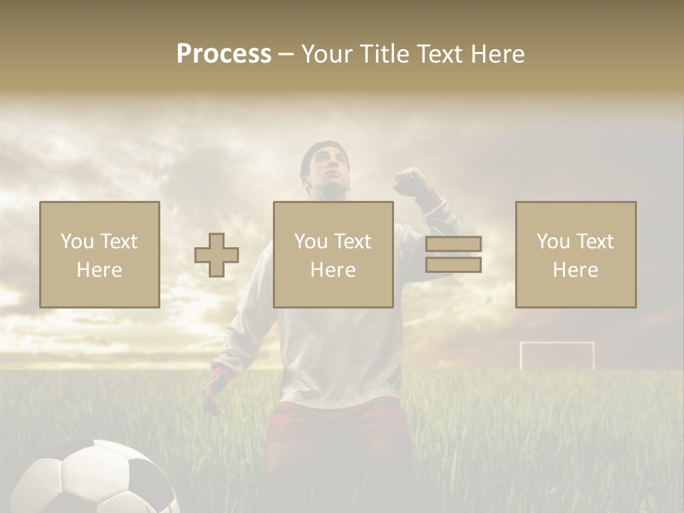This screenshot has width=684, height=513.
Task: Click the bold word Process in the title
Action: click(x=224, y=54)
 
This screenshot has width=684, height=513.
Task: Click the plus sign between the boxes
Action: click(x=217, y=255)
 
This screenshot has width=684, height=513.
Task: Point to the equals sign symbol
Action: click(x=453, y=254)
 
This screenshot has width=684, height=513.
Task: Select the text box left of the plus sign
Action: click(x=100, y=254)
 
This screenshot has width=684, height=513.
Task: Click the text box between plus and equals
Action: click(x=333, y=254)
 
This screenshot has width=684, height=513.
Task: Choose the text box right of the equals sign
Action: click(x=575, y=254)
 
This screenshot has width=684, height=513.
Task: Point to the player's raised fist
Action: click(x=410, y=181)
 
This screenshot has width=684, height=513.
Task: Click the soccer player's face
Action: click(x=328, y=171)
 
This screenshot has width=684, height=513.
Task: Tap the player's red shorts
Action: click(x=335, y=420)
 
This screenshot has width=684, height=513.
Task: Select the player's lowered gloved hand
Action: click(x=212, y=388)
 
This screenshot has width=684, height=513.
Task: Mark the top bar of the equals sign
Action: click(x=453, y=244)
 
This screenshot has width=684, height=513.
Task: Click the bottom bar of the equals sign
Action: click(x=453, y=265)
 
